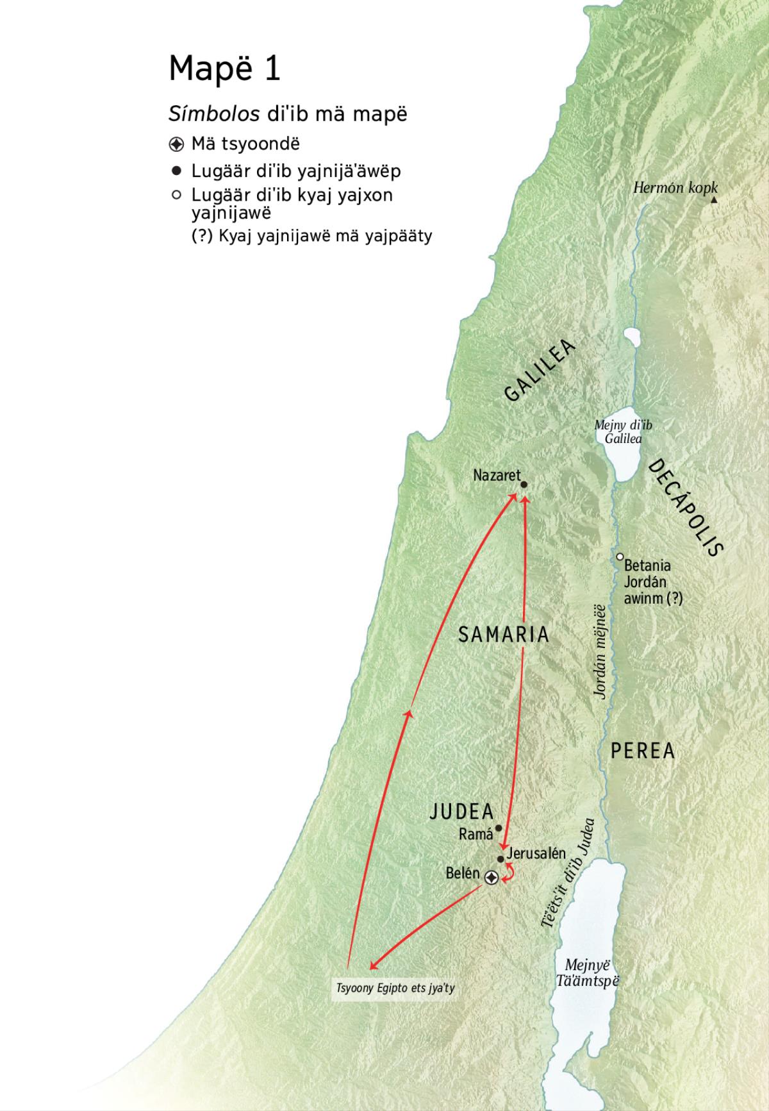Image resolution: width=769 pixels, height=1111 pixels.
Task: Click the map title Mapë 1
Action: [x=224, y=69]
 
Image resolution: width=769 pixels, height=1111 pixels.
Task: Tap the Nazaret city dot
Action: [x=524, y=485]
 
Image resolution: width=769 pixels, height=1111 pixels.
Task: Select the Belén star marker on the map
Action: [x=491, y=878]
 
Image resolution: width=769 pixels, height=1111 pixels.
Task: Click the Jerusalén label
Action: [x=536, y=853]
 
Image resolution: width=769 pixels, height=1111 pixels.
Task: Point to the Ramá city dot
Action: [x=499, y=828]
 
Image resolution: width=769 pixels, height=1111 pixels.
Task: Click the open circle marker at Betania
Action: [x=620, y=557]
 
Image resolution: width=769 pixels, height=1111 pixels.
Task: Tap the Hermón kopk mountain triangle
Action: [x=714, y=200]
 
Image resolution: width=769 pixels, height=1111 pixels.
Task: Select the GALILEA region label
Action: [x=540, y=371]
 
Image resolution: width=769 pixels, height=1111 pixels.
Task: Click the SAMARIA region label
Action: [x=504, y=634]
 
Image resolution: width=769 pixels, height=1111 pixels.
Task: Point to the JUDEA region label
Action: [x=461, y=812]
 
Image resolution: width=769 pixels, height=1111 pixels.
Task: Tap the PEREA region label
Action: [x=643, y=751]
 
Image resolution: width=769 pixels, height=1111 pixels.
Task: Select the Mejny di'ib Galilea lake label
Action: [x=623, y=432]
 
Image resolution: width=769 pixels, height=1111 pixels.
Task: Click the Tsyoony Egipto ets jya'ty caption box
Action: [x=395, y=988]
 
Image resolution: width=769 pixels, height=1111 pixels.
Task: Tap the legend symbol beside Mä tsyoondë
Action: [x=177, y=144]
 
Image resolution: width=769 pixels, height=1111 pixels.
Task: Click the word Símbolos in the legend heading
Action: [x=213, y=114]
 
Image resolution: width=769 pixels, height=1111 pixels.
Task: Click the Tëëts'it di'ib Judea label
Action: [x=567, y=873]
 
